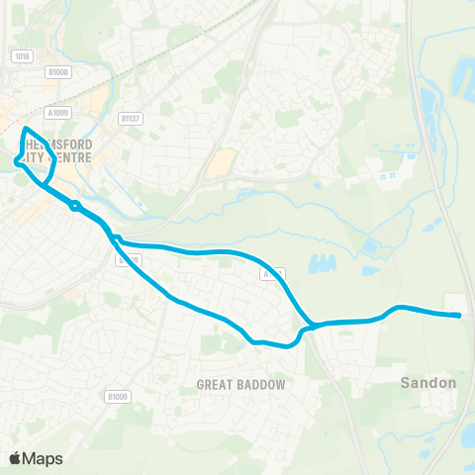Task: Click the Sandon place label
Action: [x=428, y=382]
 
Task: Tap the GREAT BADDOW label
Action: [x=240, y=384]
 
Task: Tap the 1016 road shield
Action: [x=22, y=56]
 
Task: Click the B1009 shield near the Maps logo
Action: [x=118, y=397]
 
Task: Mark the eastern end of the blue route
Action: [x=459, y=316]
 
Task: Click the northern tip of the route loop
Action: [x=25, y=129]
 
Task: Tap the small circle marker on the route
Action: [x=74, y=207]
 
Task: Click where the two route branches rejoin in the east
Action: [x=310, y=325]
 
